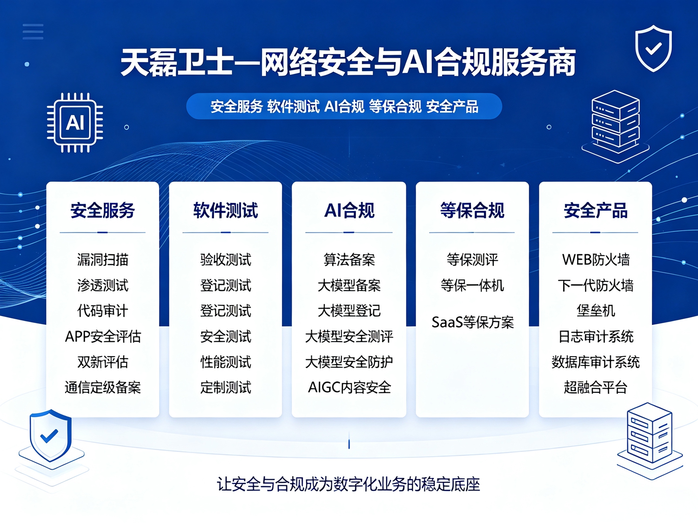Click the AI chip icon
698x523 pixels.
click(75, 123)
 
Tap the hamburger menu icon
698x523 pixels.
click(33, 32)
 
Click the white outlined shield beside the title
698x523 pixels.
click(653, 48)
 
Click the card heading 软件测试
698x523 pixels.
click(226, 210)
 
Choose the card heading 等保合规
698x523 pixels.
click(472, 210)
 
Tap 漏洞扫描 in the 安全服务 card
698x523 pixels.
click(103, 259)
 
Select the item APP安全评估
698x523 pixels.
click(103, 336)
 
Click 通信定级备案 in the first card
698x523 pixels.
click(103, 387)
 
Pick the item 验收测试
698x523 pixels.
click(226, 259)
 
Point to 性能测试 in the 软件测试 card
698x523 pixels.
click(226, 362)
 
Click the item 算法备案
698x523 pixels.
click(349, 259)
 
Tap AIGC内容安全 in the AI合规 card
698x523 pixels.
click(349, 387)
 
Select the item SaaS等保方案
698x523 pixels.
click(472, 322)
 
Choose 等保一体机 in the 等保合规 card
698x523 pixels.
click(472, 285)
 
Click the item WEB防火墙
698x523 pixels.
click(596, 259)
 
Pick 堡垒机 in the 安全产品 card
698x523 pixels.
click(596, 311)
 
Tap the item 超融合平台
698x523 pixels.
click(596, 387)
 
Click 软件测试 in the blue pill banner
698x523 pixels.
click(293, 106)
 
